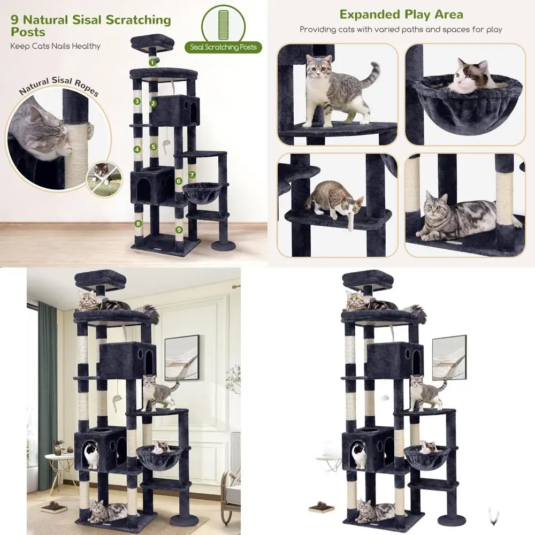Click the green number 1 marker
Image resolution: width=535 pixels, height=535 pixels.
(x=153, y=63)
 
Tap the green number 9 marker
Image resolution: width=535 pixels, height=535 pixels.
(x=178, y=230)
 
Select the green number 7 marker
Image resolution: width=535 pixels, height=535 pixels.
(x=192, y=174)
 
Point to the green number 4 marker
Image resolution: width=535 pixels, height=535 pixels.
(x=137, y=150)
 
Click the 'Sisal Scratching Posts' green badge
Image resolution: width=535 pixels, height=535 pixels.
(x=223, y=47)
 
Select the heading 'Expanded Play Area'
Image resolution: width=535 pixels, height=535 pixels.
(x=401, y=14)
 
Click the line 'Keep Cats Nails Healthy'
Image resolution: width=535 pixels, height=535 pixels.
(x=56, y=46)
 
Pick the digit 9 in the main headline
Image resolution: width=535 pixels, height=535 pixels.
(x=15, y=21)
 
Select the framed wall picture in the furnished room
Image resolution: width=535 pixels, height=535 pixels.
(x=181, y=357)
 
